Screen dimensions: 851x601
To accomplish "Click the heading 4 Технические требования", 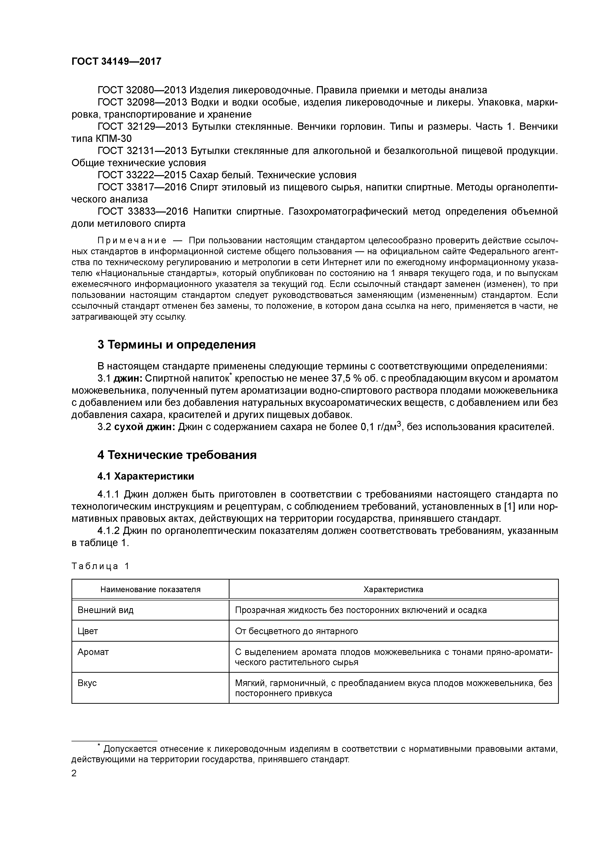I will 177,455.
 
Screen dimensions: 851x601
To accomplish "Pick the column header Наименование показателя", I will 150,589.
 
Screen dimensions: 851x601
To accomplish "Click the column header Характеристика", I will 393,589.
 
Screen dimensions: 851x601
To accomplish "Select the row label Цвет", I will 88,631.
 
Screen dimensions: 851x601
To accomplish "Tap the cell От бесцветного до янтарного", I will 296,631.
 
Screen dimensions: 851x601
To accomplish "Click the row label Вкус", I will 87,683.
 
